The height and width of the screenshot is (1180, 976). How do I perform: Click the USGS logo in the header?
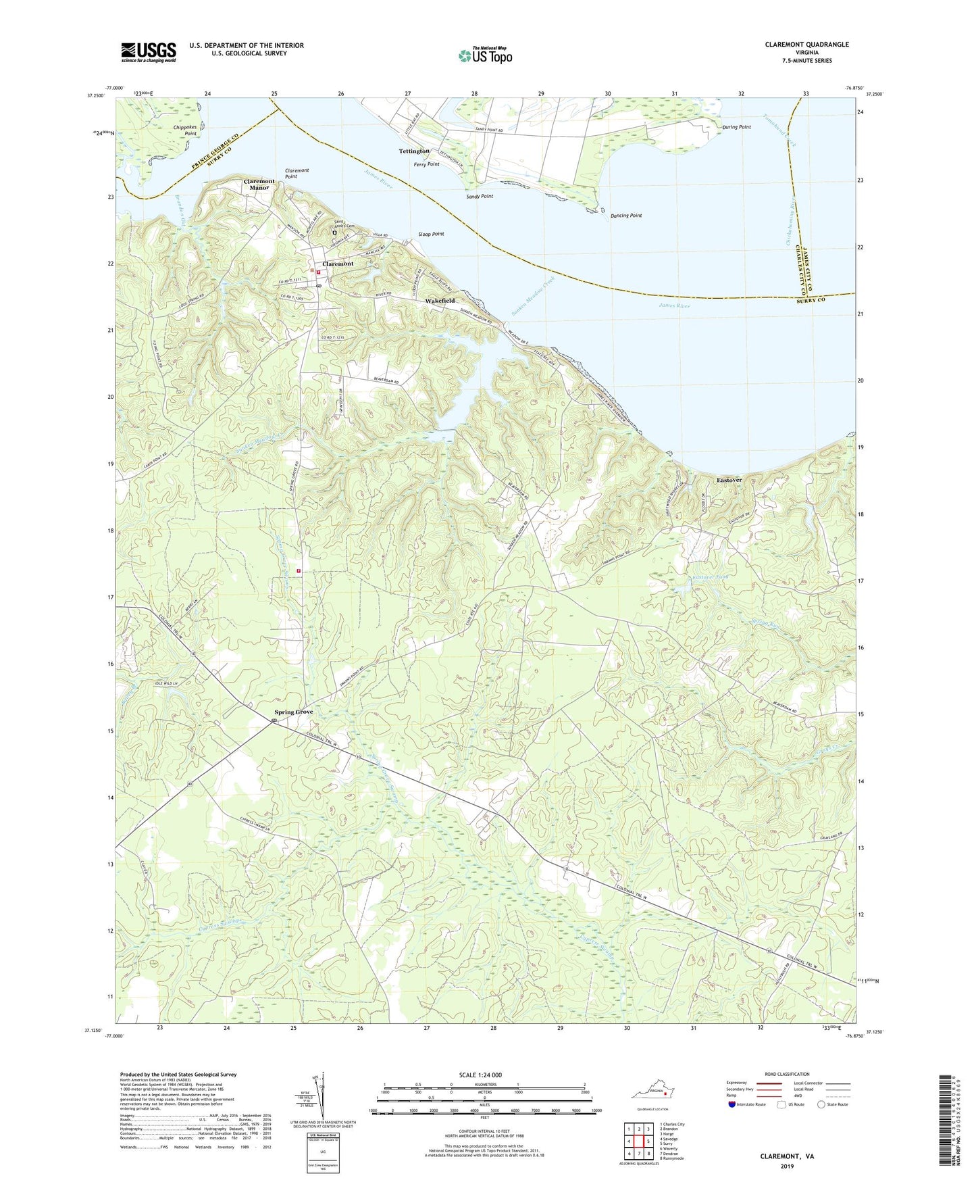[149, 51]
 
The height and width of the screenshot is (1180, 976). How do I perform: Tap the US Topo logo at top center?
[484, 55]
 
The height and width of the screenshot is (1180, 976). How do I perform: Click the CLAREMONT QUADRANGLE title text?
[806, 45]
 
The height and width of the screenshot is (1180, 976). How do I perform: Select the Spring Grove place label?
[293, 712]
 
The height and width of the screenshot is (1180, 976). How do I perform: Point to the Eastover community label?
[729, 480]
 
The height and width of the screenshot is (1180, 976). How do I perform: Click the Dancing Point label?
[626, 216]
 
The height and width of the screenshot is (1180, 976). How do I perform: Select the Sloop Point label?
[430, 234]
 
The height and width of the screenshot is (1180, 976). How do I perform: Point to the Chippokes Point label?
[185, 130]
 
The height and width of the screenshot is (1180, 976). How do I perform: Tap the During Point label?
[736, 127]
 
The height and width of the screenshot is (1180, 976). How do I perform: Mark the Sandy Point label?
[480, 196]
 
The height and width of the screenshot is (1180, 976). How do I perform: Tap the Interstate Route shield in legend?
[732, 1104]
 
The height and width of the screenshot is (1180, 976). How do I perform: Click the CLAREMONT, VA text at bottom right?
[787, 1156]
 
